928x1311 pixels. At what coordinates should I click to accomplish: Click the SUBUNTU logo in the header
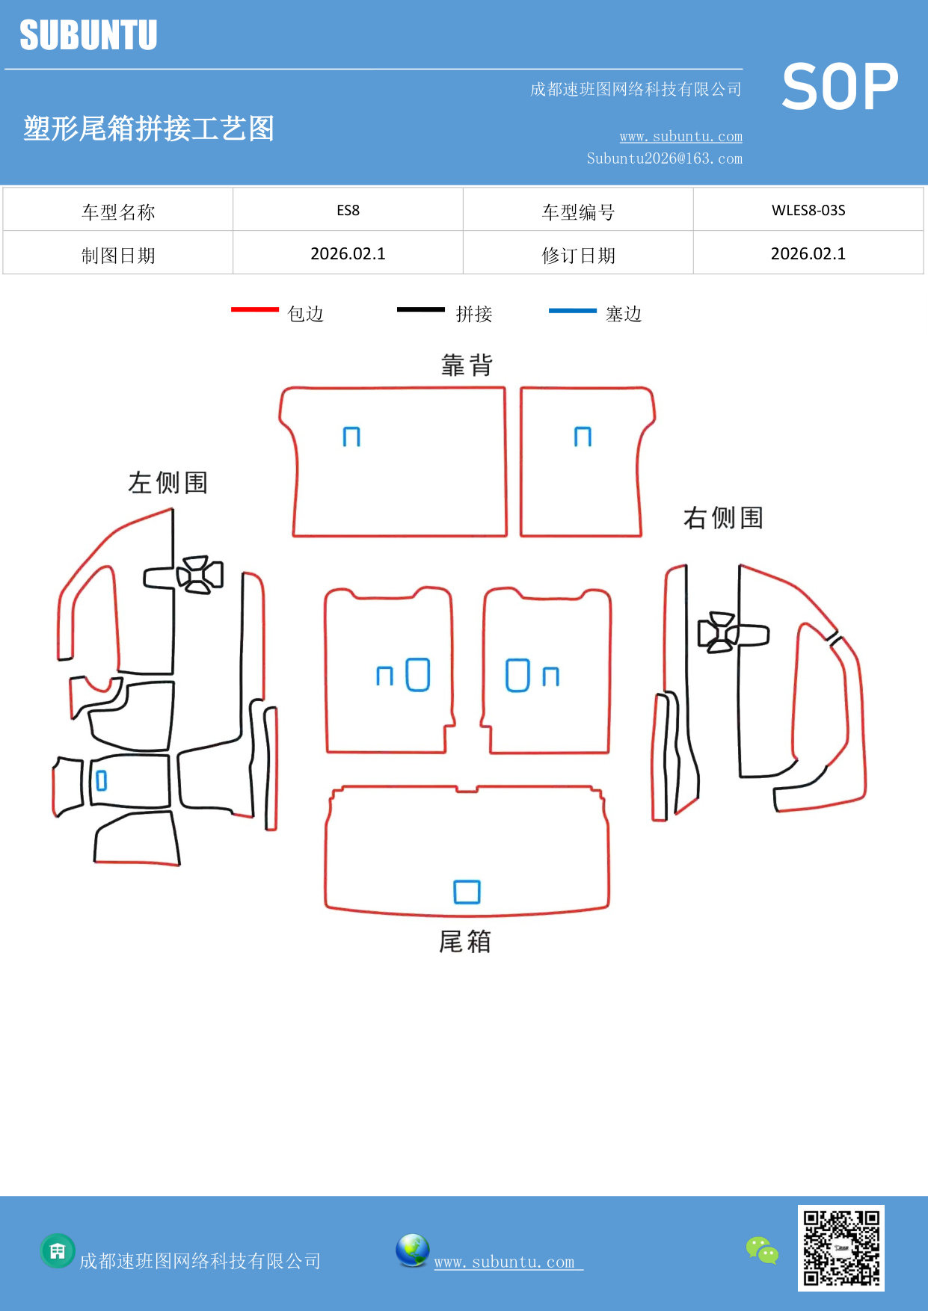click(88, 35)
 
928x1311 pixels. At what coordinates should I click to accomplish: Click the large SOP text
click(840, 87)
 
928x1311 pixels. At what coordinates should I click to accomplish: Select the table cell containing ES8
click(348, 210)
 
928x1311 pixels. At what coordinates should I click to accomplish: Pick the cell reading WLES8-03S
click(808, 210)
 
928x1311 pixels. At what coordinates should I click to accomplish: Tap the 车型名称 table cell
click(118, 212)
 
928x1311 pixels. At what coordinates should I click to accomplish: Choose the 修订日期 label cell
click(578, 256)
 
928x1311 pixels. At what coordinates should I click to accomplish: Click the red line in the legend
click(254, 309)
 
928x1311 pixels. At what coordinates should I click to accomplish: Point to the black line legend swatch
click(420, 309)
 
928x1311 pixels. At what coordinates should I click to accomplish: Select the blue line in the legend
click(572, 310)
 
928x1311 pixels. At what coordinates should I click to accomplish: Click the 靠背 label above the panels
click(467, 365)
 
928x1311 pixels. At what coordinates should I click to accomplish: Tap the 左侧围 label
click(168, 483)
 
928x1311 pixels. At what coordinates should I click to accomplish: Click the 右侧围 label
click(722, 517)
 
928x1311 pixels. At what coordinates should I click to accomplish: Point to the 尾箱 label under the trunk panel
click(464, 942)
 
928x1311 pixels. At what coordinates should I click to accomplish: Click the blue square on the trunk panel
click(467, 892)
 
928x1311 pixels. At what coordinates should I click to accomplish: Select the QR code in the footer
click(841, 1247)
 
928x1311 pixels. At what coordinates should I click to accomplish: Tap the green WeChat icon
click(762, 1250)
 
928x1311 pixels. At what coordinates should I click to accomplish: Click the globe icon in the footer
click(412, 1250)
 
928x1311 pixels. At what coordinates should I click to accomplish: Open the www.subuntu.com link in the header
click(680, 136)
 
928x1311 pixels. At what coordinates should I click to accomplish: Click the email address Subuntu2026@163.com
click(664, 158)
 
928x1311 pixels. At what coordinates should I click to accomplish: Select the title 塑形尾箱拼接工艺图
click(149, 129)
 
